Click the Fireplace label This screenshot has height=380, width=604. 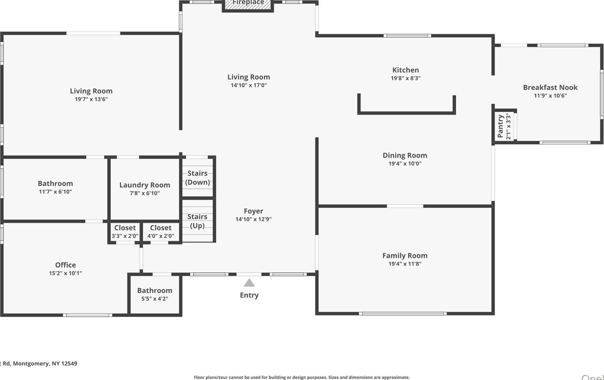coord(248,3)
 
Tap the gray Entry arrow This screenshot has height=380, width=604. coord(249,283)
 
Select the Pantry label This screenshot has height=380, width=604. coord(500,126)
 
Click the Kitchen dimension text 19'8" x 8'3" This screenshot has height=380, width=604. coord(405,78)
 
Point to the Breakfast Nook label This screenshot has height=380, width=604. coord(550,87)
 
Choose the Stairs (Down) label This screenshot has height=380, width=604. coord(197,178)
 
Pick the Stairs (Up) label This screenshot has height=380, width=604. coord(197,221)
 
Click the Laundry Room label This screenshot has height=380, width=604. coord(144,185)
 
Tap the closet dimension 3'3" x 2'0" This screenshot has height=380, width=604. coord(125,236)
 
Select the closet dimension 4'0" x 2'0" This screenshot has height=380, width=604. coord(161,236)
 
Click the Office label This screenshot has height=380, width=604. coord(66,265)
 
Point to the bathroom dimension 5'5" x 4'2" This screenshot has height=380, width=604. coord(155,299)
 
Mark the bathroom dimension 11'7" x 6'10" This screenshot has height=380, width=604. coord(55,192)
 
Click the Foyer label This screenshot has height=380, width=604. coord(254,211)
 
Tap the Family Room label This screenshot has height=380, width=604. coord(405,255)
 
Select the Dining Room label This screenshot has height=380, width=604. coord(405,155)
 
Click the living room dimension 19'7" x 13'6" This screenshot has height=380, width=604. coord(91,99)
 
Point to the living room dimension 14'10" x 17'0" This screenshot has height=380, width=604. coord(249,85)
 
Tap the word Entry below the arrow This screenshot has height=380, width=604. coord(249,295)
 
